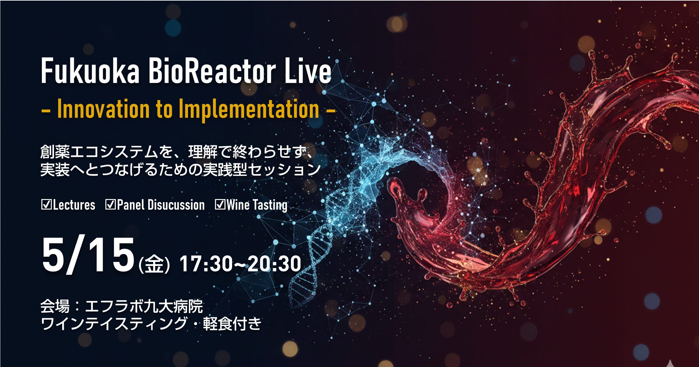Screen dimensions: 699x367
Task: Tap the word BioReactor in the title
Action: [x=212, y=71]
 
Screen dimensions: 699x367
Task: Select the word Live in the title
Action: [x=308, y=71]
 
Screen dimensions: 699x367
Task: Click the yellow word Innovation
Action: [x=104, y=109]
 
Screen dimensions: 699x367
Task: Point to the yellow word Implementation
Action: [x=249, y=109]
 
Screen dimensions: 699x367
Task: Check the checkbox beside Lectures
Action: [x=47, y=205]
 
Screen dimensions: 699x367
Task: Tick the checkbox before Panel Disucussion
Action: [x=111, y=205]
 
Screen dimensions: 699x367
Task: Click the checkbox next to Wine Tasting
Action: [x=220, y=205]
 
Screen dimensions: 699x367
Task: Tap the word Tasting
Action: [x=270, y=206]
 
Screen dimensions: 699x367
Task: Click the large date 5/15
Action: [x=88, y=255]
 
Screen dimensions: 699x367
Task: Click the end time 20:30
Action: [x=274, y=264]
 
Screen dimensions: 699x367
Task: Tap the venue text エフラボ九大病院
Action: [x=144, y=306]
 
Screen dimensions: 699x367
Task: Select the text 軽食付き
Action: [x=232, y=324]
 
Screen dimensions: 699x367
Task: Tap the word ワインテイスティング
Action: [x=114, y=324]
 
